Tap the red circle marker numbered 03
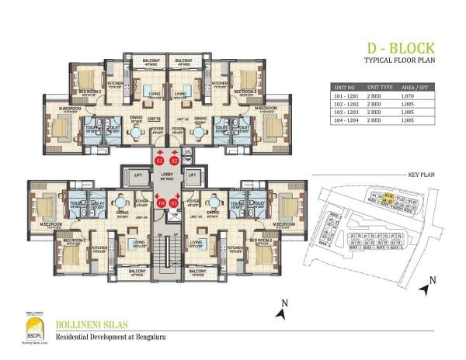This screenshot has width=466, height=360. [174, 203]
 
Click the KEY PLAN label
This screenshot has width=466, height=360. [417, 176]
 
